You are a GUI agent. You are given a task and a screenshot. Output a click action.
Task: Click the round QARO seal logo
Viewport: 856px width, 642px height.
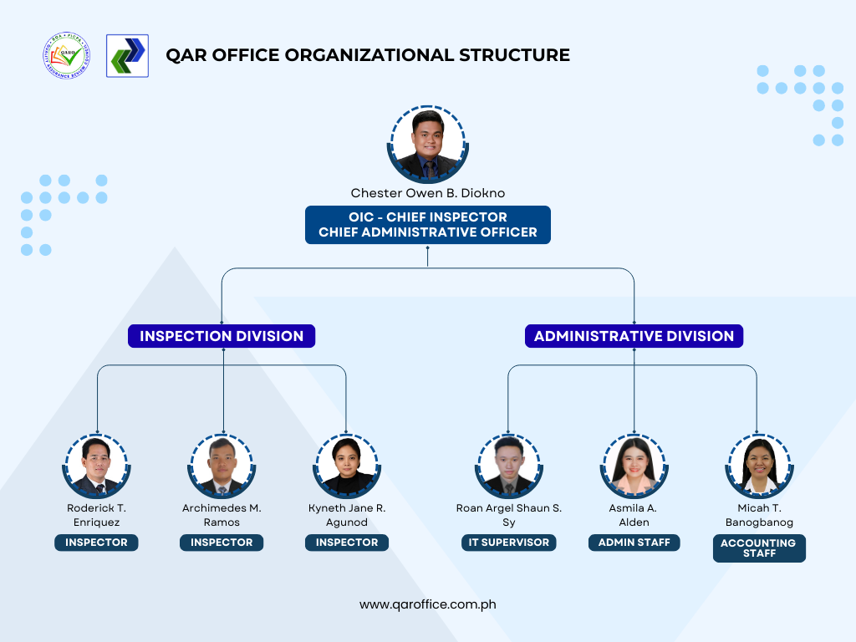click(67, 56)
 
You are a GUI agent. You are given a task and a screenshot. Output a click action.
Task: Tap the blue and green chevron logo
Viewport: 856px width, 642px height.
click(127, 56)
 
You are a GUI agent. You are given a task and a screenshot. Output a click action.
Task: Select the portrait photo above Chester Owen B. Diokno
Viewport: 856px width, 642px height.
click(427, 144)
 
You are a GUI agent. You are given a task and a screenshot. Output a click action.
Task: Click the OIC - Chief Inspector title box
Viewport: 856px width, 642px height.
click(427, 225)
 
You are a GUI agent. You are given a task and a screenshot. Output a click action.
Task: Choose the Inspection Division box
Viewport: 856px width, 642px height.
click(222, 336)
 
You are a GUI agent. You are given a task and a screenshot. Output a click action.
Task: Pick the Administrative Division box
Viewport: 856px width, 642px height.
click(634, 336)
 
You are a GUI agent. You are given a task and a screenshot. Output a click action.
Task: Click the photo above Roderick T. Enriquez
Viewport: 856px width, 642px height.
click(97, 466)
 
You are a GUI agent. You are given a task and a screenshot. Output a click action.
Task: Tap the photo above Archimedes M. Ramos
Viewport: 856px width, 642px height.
click(222, 466)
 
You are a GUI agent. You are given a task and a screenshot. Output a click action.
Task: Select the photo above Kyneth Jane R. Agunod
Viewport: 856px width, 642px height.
click(347, 466)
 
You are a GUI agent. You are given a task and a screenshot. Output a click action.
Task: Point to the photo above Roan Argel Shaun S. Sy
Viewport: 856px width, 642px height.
click(509, 466)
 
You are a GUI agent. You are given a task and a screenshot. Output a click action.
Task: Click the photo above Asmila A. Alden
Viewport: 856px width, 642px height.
click(634, 466)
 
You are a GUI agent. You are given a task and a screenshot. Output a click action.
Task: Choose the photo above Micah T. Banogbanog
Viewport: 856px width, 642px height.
click(759, 466)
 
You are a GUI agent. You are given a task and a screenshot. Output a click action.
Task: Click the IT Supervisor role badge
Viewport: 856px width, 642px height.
click(509, 543)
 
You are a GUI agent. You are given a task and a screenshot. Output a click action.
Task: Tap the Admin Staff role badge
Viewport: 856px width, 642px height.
click(634, 543)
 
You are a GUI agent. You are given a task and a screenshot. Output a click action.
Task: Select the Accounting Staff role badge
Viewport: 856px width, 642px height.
click(759, 548)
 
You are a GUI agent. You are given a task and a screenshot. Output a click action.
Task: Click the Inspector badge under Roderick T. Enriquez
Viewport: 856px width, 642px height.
click(97, 543)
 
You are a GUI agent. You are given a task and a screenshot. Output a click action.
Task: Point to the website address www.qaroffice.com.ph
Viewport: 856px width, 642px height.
click(427, 605)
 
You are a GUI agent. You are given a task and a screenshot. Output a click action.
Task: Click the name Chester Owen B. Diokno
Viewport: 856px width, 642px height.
click(427, 193)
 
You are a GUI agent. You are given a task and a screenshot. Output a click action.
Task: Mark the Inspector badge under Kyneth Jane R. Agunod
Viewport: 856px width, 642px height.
click(347, 543)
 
